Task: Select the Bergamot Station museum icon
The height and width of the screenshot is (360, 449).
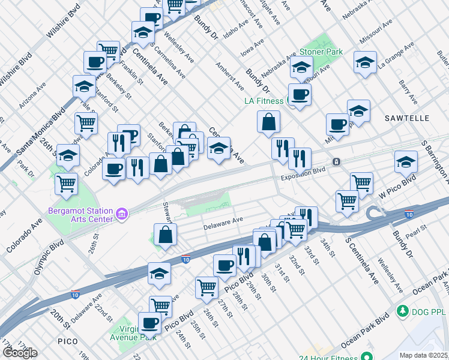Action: click(x=122, y=213)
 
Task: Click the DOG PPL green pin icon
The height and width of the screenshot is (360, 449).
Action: click(x=403, y=311)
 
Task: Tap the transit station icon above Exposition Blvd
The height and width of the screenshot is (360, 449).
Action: click(x=337, y=162)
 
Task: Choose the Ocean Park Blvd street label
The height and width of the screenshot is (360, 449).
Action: click(x=366, y=331)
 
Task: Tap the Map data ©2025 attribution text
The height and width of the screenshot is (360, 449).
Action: click(x=423, y=355)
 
